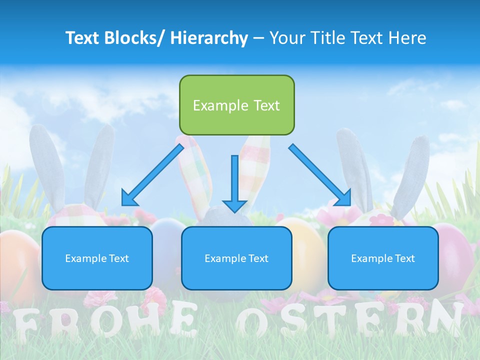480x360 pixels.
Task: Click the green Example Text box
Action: click(x=236, y=105)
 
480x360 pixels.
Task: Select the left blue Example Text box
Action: click(x=97, y=258)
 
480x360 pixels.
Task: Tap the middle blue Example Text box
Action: click(x=236, y=258)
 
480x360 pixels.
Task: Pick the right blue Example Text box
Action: click(x=383, y=258)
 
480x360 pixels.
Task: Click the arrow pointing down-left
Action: click(x=152, y=175)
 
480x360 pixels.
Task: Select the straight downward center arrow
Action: click(x=234, y=183)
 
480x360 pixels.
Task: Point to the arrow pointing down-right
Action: click(x=320, y=175)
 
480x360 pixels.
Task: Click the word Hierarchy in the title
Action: click(x=209, y=38)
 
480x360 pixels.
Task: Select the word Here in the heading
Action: click(x=408, y=38)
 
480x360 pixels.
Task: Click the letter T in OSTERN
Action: click(x=327, y=319)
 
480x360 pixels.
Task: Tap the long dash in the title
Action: click(x=258, y=38)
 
